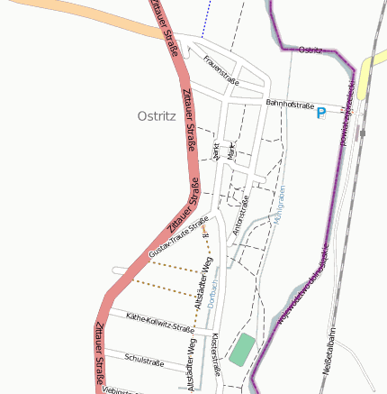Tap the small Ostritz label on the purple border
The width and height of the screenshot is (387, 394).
click(310, 50)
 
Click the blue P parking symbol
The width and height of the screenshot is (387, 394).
click(320, 114)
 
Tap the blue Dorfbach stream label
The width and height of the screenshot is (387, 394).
click(213, 293)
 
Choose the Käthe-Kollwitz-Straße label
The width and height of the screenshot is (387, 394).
click(161, 323)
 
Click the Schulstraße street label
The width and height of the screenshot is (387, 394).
click(144, 359)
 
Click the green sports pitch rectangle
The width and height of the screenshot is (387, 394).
click(241, 349)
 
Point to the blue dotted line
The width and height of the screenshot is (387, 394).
click(204, 18)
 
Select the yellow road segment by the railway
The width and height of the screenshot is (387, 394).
click(366, 77)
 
